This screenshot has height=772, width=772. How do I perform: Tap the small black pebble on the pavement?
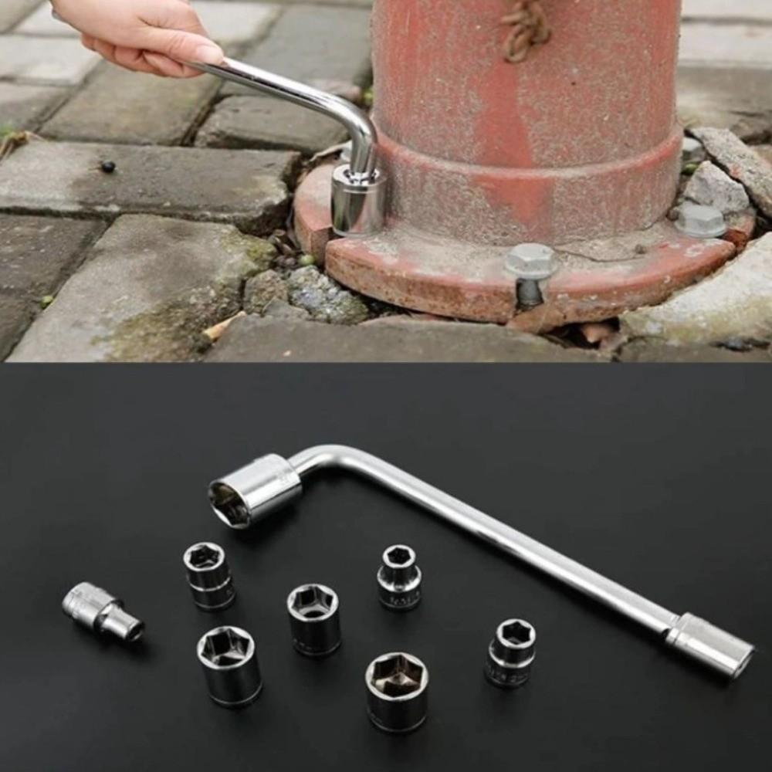pyautogui.click(x=108, y=166)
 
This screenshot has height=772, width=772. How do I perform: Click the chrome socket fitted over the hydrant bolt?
pyautogui.click(x=357, y=202)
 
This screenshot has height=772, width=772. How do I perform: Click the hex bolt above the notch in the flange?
pyautogui.click(x=531, y=261)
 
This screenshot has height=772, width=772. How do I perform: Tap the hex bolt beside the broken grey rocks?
pyautogui.click(x=700, y=220)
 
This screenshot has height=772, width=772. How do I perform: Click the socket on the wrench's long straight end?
pyautogui.click(x=710, y=645)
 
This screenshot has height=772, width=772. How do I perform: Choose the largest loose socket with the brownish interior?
pyautogui.click(x=397, y=691)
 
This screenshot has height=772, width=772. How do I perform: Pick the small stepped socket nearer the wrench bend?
pyautogui.click(x=399, y=577)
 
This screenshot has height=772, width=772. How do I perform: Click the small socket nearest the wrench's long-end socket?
pyautogui.click(x=511, y=652)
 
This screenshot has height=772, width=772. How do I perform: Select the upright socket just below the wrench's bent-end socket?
pyautogui.click(x=208, y=576)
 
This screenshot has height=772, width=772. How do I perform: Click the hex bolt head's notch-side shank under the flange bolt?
pyautogui.click(x=530, y=292)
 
